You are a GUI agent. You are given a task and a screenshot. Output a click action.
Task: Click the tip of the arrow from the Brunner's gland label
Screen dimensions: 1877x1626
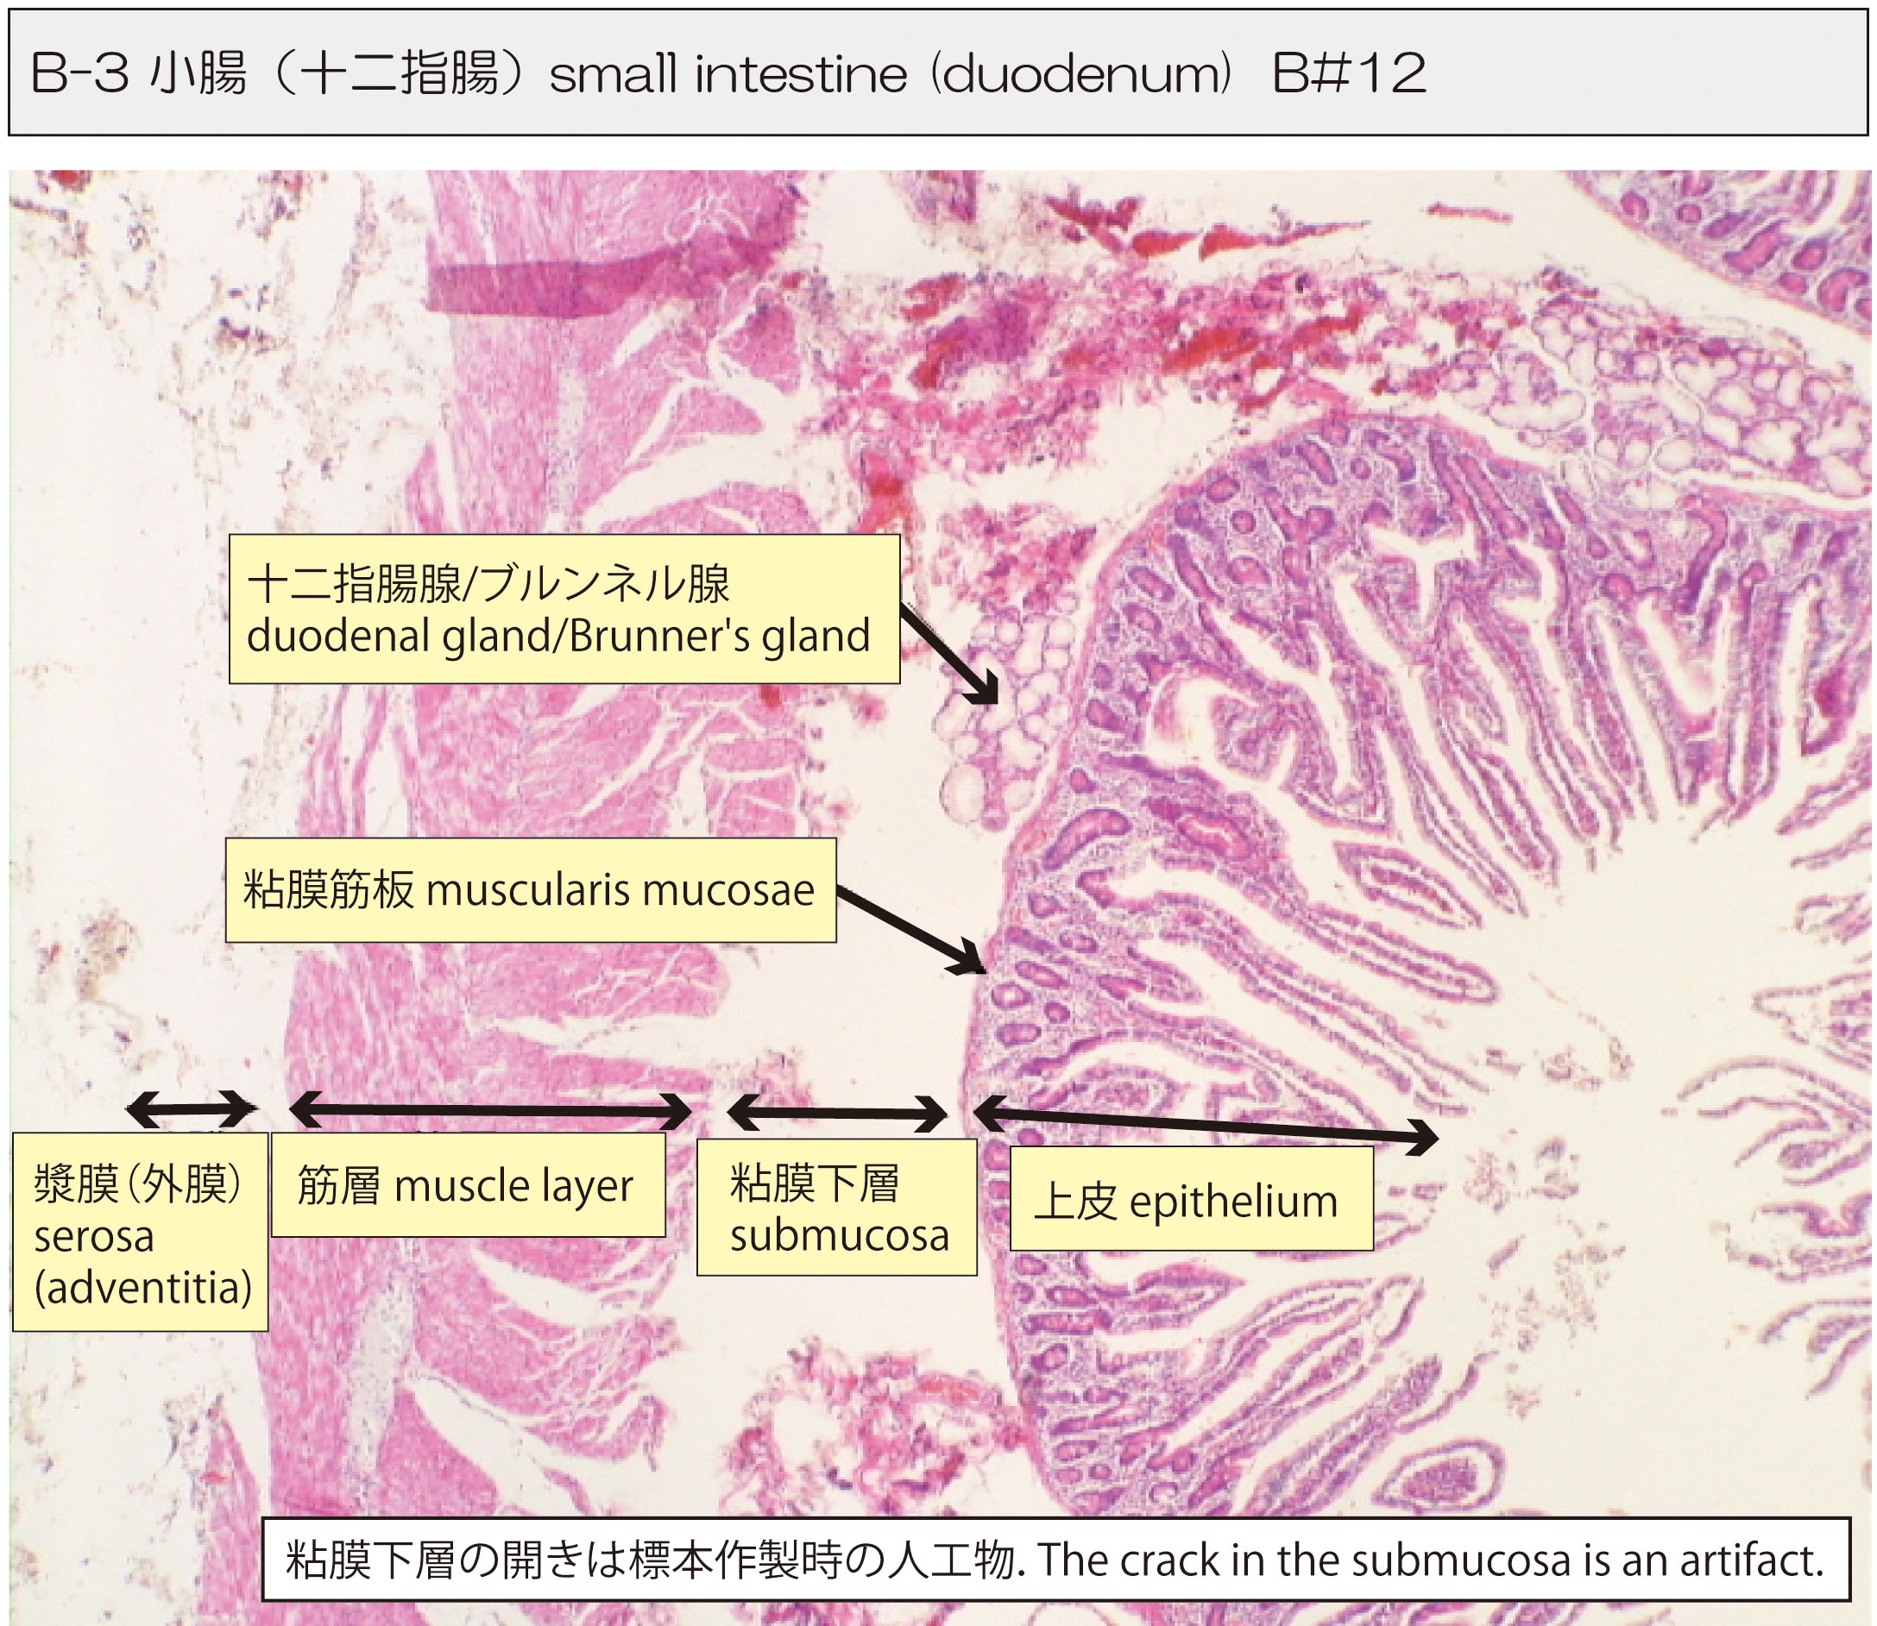(x=997, y=703)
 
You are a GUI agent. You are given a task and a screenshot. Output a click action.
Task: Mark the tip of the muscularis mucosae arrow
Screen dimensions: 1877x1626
(x=986, y=973)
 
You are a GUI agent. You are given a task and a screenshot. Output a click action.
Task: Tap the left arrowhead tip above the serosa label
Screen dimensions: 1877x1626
(x=125, y=1108)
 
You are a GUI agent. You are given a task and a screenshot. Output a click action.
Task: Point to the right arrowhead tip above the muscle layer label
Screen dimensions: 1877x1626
(x=692, y=1111)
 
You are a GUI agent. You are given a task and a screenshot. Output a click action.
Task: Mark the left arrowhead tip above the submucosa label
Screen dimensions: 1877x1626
(x=727, y=1113)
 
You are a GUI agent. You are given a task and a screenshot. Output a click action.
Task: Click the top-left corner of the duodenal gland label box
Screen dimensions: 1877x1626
(x=229, y=535)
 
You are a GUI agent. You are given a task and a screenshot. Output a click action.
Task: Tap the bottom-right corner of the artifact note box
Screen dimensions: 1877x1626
(x=1849, y=1599)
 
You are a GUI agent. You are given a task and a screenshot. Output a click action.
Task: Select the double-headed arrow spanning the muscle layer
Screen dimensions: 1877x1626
(x=490, y=1109)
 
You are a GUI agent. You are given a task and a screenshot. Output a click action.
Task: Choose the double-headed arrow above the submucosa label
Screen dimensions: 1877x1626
(x=837, y=1114)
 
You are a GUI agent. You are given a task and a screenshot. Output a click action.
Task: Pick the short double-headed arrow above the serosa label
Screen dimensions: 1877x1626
(x=191, y=1108)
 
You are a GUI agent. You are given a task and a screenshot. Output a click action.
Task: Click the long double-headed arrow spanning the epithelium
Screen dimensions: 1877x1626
(x=1206, y=1124)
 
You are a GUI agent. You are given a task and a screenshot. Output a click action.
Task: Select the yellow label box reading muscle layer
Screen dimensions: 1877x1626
(x=469, y=1184)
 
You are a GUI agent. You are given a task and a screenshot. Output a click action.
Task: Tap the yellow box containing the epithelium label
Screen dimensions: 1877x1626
(x=1191, y=1200)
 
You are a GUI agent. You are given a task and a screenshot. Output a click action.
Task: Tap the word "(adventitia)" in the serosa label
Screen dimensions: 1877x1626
(x=142, y=1288)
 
